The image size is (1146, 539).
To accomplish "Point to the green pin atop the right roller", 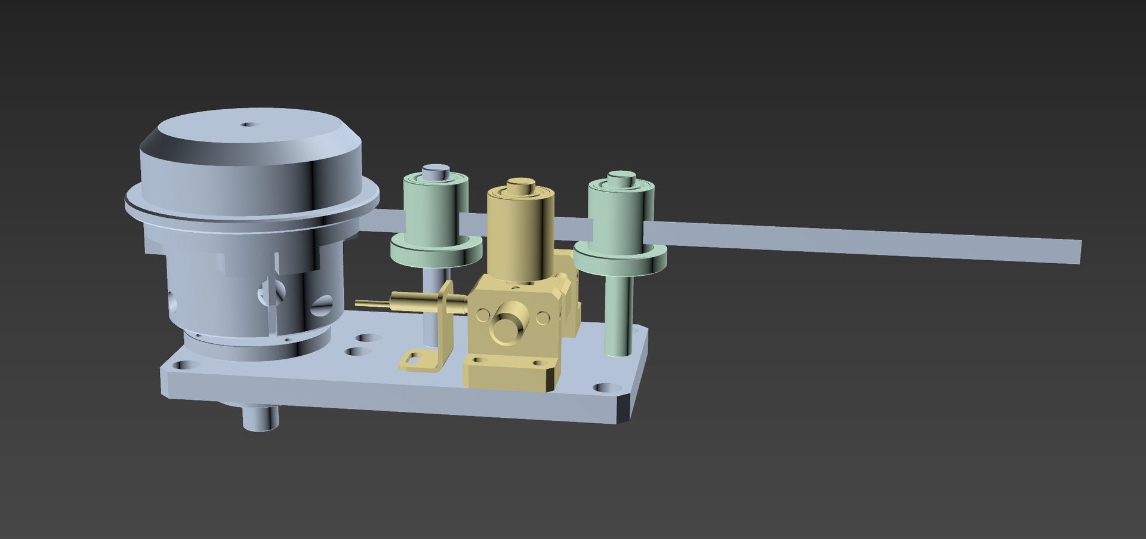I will [621, 177].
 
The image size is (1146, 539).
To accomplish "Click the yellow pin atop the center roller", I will [520, 184].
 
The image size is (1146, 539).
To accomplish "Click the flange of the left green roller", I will [436, 251].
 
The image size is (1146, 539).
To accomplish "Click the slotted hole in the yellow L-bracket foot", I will [412, 359].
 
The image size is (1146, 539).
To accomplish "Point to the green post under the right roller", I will [618, 316].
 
